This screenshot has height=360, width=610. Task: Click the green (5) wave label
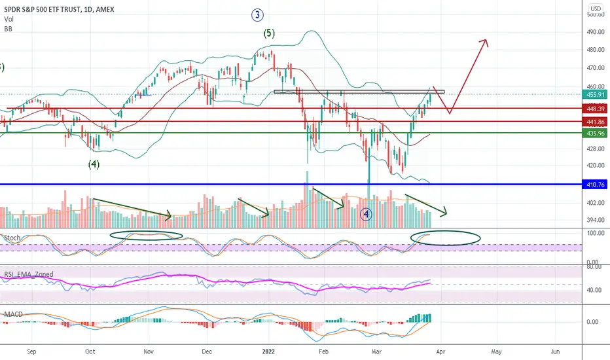[269, 35]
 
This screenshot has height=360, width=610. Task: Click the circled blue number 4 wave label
[367, 214]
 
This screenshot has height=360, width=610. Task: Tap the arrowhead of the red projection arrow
[485, 42]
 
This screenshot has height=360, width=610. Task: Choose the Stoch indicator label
[11, 236]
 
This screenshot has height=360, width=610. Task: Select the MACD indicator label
[13, 314]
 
